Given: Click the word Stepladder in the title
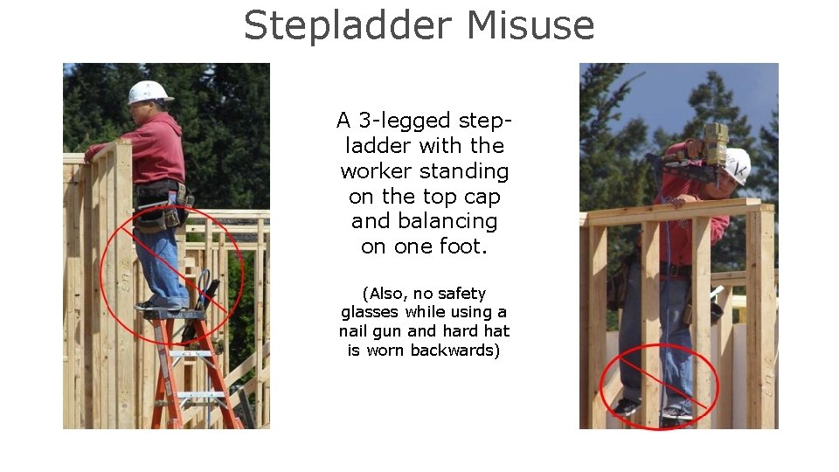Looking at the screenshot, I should (349, 26).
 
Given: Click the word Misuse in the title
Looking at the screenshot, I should (530, 26).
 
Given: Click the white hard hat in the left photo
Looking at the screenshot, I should (149, 91).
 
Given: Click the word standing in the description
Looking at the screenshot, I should (468, 171).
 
